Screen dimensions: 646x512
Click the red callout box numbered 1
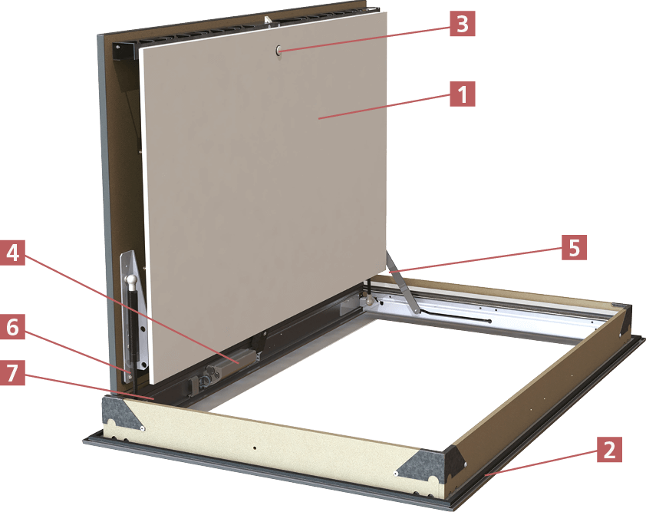point(463,94)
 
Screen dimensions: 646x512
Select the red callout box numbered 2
point(608,450)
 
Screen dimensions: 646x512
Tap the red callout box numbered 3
point(463,24)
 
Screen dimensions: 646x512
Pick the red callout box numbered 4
point(12,253)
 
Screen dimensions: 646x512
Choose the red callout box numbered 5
point(574,248)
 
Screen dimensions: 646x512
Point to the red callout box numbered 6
point(12,327)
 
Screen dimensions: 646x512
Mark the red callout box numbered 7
point(12,372)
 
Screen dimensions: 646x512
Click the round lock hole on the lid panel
point(279,51)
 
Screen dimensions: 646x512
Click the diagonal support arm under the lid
point(402,282)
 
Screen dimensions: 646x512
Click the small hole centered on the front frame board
point(255,448)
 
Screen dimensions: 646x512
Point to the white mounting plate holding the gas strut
point(133,313)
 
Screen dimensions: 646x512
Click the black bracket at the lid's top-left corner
point(124,51)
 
